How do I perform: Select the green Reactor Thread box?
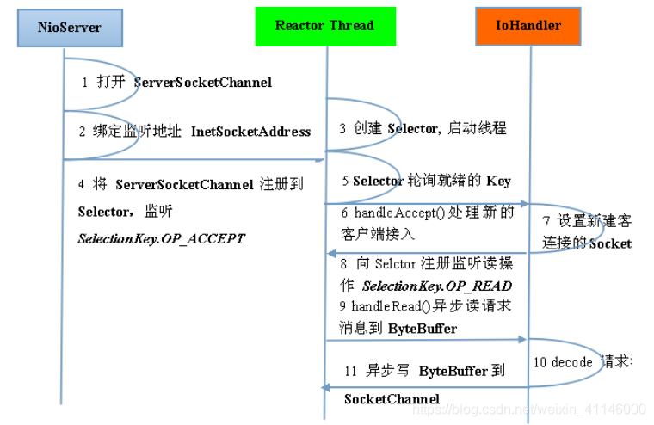coord(324,26)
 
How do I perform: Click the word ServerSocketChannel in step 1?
coord(203,83)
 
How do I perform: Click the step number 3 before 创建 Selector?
coord(342,129)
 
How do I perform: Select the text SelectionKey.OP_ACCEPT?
coord(161,238)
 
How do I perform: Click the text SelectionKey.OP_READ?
coord(437,286)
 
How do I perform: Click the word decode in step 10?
coord(571,362)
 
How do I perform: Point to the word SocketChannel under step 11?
coord(392,399)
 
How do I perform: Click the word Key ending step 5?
coord(498,181)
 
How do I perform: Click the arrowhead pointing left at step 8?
coord(330,253)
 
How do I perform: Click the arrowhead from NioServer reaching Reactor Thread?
coord(319,159)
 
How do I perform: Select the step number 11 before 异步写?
coord(350,372)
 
